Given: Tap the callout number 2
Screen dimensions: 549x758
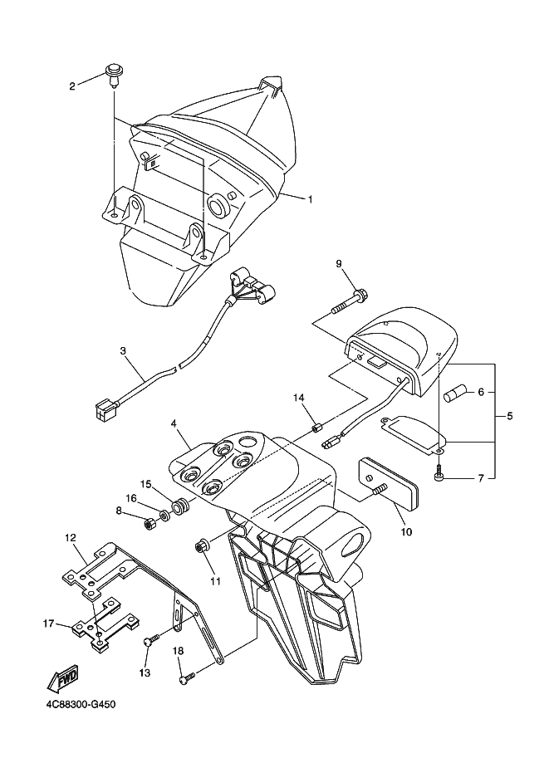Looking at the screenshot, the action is click(72, 86).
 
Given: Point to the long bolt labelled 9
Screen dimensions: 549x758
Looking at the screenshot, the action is click(350, 301).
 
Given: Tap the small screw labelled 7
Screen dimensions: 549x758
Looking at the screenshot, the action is click(439, 472).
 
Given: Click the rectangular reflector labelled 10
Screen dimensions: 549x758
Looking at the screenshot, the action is click(390, 483).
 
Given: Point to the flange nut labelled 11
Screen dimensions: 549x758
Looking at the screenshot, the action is click(199, 547).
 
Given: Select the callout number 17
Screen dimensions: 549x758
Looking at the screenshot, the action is click(48, 624).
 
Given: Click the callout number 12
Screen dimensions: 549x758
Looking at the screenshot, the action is click(71, 537).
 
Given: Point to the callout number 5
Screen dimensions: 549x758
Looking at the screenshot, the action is click(510, 416).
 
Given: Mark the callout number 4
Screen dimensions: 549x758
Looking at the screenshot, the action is click(174, 423).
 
